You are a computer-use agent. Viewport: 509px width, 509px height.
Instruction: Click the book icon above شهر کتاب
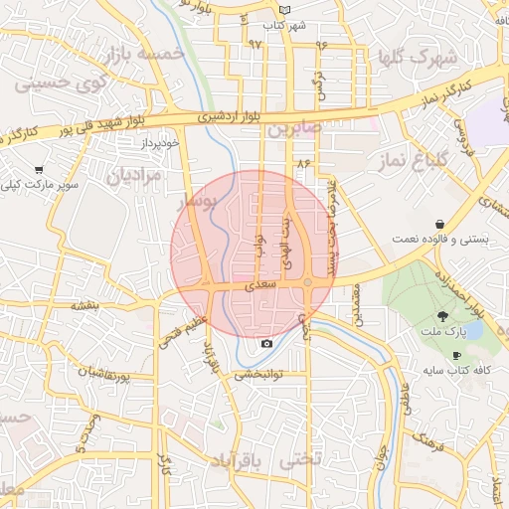point(285,10)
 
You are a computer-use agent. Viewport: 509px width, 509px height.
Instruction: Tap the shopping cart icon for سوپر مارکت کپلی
point(39,170)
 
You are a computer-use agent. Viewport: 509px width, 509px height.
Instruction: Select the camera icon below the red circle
point(266,344)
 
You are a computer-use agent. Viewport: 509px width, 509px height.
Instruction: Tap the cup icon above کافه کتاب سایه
point(456,355)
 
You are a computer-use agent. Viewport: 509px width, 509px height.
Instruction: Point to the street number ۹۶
point(321,45)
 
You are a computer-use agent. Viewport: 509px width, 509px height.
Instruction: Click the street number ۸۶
point(303,163)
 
